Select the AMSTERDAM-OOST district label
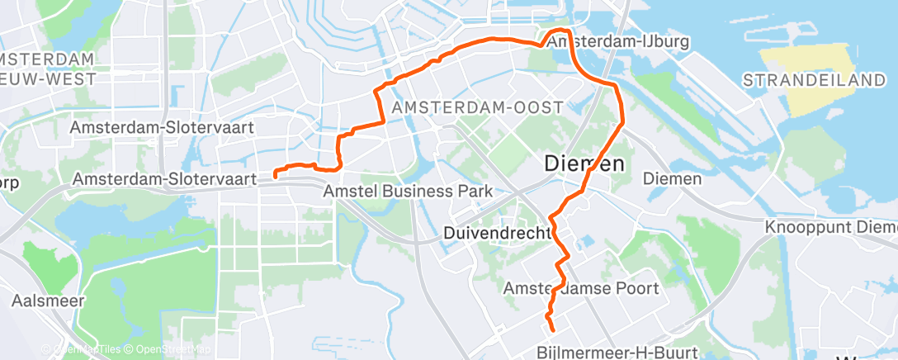(x=478, y=108)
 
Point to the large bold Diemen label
(x=584, y=164)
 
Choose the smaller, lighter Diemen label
(x=672, y=178)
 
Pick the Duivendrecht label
(x=496, y=234)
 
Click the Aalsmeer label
(x=48, y=301)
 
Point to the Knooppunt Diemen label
(x=830, y=226)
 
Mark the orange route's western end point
(x=275, y=175)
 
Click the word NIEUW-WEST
(x=50, y=78)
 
